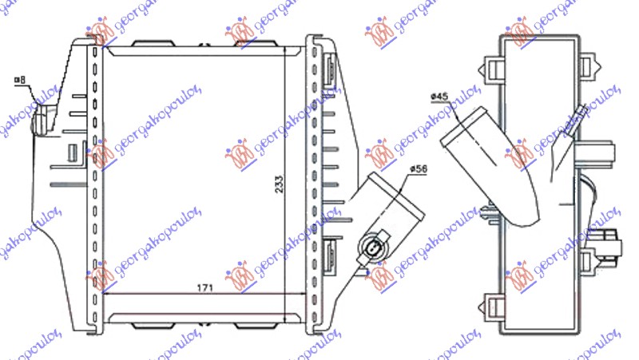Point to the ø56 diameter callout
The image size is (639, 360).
coord(419,169)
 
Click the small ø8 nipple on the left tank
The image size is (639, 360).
coord(40,124)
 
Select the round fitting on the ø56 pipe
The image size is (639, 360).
coord(373,247)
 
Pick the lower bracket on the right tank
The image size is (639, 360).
coord(331,255)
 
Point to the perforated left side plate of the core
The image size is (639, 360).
coord(97,184)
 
